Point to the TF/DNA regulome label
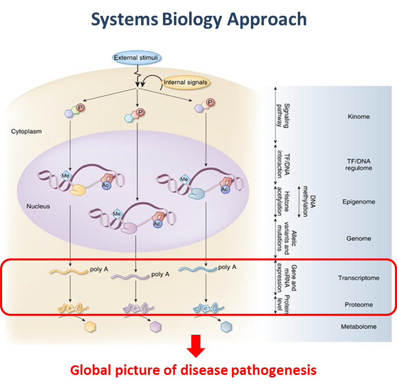pyautogui.click(x=358, y=164)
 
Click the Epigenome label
pyautogui.click(x=358, y=201)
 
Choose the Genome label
pyautogui.click(x=358, y=238)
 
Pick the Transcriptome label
pyautogui.click(x=358, y=278)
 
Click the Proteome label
pyautogui.click(x=358, y=305)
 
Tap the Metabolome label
pyautogui.click(x=358, y=326)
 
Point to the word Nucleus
pyautogui.click(x=38, y=206)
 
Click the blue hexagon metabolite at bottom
pyautogui.click(x=227, y=327)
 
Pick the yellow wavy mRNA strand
pyautogui.click(x=69, y=271)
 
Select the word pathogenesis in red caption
pyautogui.click(x=274, y=370)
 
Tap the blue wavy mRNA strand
pyautogui.click(x=196, y=269)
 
